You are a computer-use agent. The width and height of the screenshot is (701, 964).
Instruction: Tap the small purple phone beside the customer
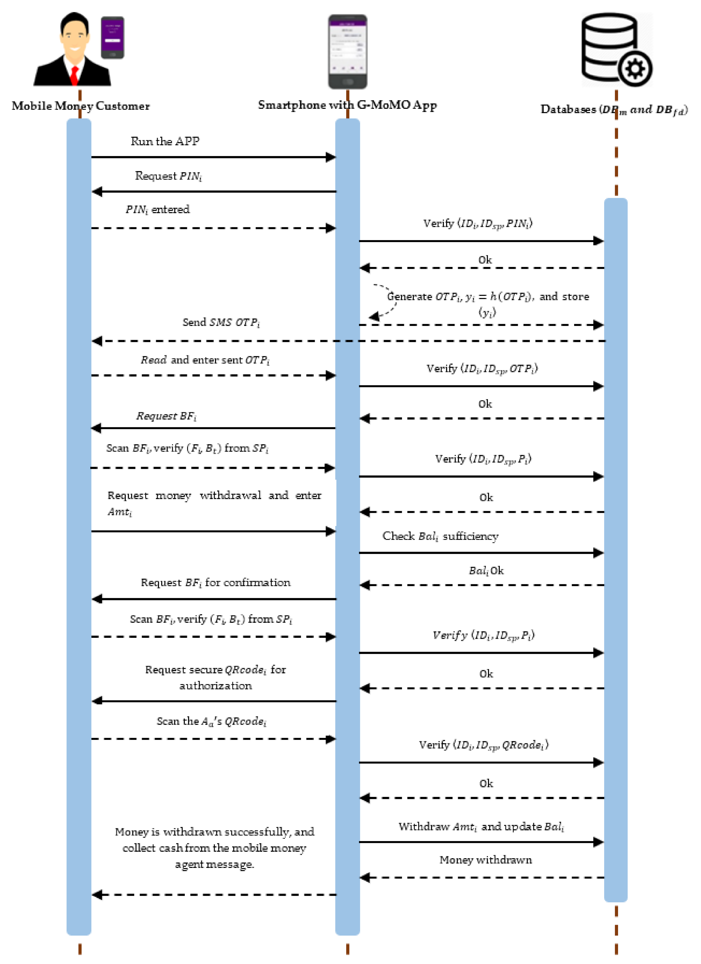[112, 37]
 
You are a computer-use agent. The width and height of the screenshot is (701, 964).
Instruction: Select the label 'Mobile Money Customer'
[81, 106]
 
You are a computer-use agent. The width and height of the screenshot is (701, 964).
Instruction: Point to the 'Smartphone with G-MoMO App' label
[347, 105]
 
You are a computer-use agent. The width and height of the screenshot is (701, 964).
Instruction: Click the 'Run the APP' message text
[165, 141]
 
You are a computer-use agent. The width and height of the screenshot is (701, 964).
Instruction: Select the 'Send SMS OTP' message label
[221, 322]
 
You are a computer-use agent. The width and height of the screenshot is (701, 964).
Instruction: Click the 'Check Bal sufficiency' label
[440, 536]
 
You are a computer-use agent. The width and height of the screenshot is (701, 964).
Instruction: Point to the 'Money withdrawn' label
[485, 860]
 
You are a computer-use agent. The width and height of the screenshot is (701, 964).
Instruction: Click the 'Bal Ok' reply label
[486, 570]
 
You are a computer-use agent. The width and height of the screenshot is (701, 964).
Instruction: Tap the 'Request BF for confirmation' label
[216, 582]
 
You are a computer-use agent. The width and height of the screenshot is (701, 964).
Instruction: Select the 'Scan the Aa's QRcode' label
[211, 721]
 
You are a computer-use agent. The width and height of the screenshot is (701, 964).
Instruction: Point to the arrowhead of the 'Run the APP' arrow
[331, 157]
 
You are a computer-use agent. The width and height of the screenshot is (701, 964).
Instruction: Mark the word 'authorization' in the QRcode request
[216, 686]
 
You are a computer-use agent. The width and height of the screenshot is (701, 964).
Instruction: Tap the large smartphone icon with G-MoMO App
[347, 51]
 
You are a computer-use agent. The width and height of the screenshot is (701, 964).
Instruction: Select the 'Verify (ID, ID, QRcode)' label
[483, 745]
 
